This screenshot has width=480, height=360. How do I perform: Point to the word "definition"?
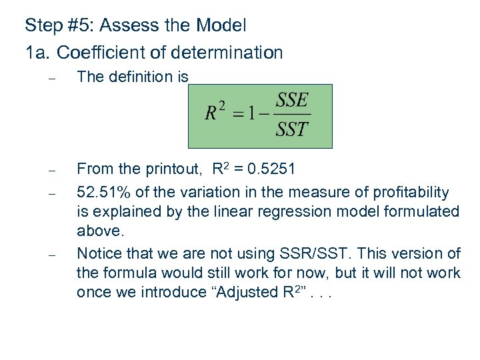tap(140, 77)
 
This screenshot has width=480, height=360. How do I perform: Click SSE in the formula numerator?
tap(292, 101)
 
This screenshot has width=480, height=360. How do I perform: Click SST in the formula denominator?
tap(292, 129)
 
